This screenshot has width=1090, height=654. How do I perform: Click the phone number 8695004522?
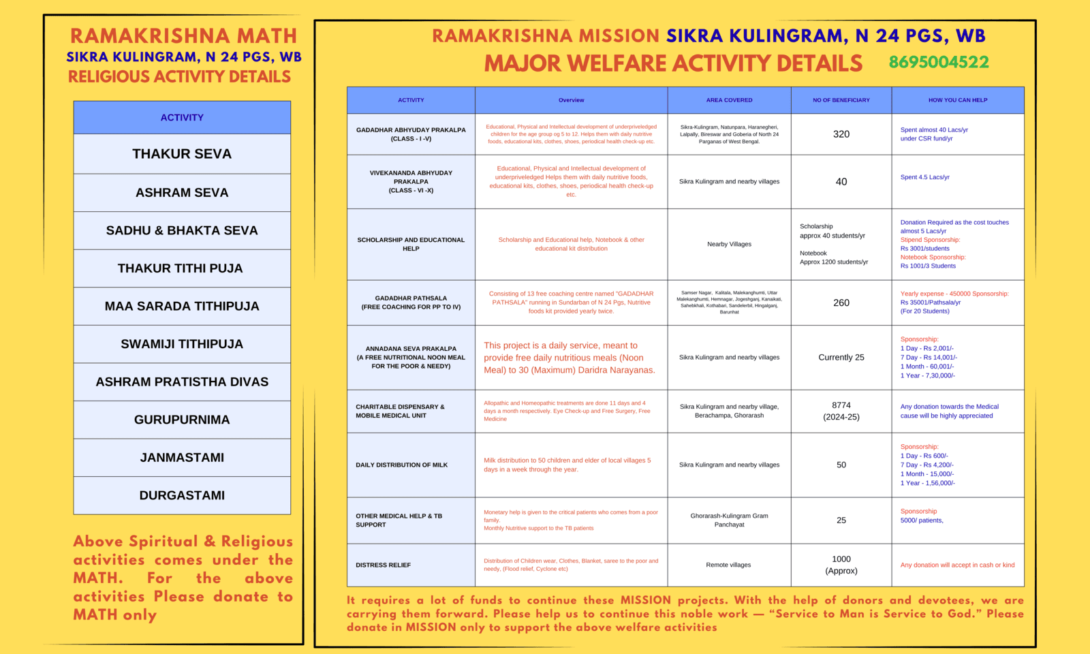(938, 62)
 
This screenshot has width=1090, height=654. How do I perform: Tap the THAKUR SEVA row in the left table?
(182, 154)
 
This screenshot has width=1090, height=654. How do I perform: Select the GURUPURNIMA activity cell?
(182, 420)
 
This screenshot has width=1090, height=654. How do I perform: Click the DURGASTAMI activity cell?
(182, 495)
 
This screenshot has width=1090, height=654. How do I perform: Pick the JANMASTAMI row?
(182, 458)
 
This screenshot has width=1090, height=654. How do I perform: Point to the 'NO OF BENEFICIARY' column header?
(841, 100)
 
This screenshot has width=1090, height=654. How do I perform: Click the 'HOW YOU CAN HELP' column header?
(957, 100)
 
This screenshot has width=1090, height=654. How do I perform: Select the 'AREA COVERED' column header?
(729, 100)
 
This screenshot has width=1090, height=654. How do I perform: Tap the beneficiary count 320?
(841, 134)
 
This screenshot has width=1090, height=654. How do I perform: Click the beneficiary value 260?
(841, 302)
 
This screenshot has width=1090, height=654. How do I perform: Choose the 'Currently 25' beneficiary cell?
(841, 357)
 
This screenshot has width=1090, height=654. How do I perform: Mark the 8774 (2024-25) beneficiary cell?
(841, 411)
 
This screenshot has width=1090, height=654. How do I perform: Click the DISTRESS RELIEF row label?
(383, 565)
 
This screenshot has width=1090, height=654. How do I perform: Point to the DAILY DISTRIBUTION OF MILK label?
(401, 465)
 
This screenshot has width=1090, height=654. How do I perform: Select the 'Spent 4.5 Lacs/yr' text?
(924, 177)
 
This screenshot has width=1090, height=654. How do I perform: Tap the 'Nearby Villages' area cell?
(729, 244)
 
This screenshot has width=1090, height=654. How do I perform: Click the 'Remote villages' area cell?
(728, 565)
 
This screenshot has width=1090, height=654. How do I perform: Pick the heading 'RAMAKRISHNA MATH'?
(183, 35)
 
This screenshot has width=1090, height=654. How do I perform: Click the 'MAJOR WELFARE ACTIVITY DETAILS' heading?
(673, 63)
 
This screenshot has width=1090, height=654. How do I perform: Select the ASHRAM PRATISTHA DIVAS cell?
(182, 382)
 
